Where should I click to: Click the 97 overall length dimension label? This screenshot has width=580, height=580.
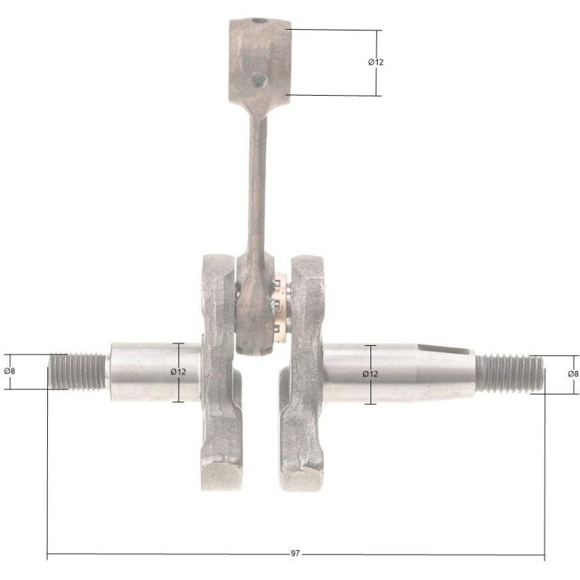coord(295,553)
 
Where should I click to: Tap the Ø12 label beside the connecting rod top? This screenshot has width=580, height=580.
coord(376,62)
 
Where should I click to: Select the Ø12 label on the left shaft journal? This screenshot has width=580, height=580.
coord(178,372)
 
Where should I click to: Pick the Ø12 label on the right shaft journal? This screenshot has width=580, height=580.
coord(370,374)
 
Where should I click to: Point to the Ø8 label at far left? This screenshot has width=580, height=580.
coord(10,371)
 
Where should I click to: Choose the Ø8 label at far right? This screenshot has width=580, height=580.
coord(573,374)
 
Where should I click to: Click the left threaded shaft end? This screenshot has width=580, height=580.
coord(77,371)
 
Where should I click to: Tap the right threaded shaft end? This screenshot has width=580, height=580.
coord(510,373)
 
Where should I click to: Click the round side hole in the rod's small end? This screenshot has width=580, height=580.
coord(259,80)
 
